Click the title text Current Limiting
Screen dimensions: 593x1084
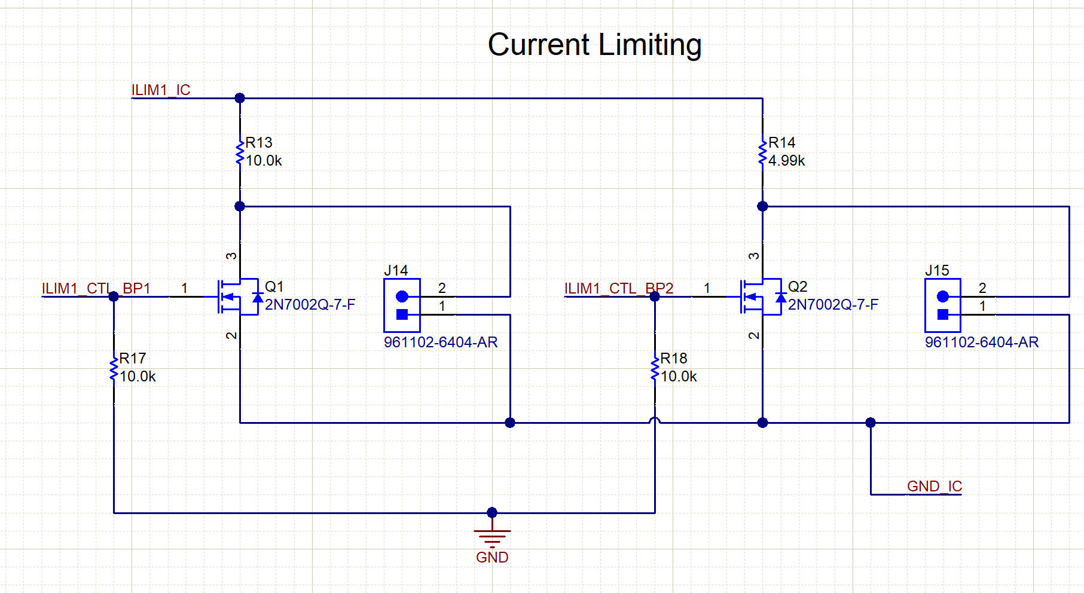tap(594, 45)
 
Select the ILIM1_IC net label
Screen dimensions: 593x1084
tap(161, 90)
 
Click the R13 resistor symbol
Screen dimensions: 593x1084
tap(240, 152)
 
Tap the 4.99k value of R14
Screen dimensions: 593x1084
tap(786, 161)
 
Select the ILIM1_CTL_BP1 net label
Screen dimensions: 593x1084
tap(96, 288)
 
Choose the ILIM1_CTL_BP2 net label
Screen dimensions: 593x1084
tap(618, 288)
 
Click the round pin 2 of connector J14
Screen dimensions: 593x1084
tap(402, 296)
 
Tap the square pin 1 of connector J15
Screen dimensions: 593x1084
tap(943, 314)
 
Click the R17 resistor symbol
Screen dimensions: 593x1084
tap(114, 368)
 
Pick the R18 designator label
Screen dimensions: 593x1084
tap(673, 359)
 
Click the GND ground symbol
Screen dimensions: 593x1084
tap(492, 536)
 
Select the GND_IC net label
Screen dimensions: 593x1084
tap(934, 486)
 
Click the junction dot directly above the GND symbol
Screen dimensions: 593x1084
tap(492, 512)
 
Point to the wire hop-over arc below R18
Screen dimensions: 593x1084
tap(655, 420)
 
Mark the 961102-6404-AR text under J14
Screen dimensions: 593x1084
tap(441, 343)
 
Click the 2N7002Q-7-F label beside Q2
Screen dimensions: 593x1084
tap(833, 305)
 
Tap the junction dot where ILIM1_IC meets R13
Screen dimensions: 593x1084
tap(240, 98)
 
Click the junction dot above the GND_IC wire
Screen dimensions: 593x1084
tap(871, 423)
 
